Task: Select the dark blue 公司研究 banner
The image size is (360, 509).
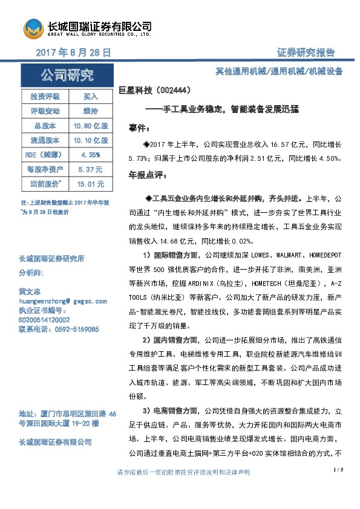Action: point(66,76)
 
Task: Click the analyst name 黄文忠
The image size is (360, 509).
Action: point(30,291)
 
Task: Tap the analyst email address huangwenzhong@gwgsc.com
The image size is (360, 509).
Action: point(64,301)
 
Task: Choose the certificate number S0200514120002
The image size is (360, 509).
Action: point(44,320)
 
